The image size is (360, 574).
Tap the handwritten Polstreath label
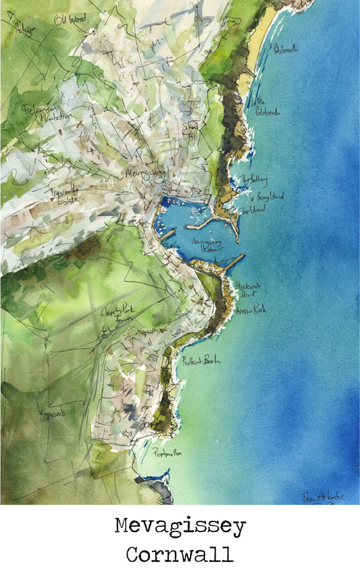(286, 49)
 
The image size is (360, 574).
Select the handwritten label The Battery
(255, 180)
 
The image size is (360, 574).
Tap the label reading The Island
(253, 210)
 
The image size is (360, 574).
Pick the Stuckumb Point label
(248, 289)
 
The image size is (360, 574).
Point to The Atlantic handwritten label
(323, 496)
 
